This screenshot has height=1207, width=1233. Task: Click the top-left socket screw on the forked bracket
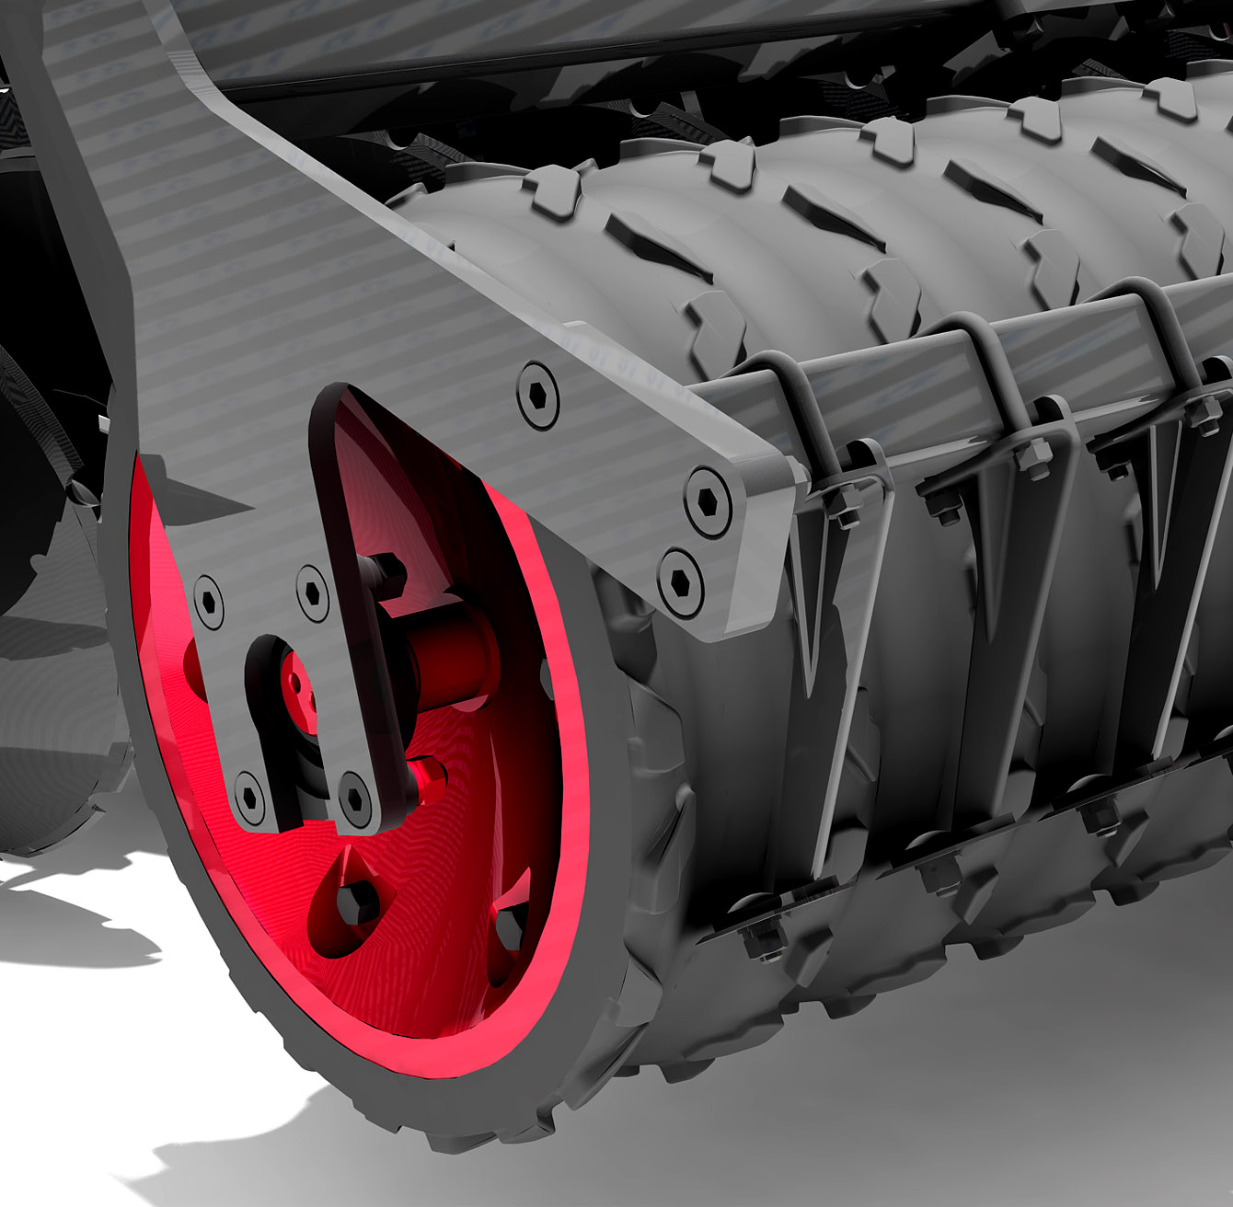(210, 602)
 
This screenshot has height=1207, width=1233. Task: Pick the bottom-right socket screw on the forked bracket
(354, 793)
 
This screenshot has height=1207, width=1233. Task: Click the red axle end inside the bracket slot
(296, 685)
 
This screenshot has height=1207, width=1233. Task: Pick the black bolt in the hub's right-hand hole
(510, 925)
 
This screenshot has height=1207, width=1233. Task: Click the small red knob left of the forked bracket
(193, 657)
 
